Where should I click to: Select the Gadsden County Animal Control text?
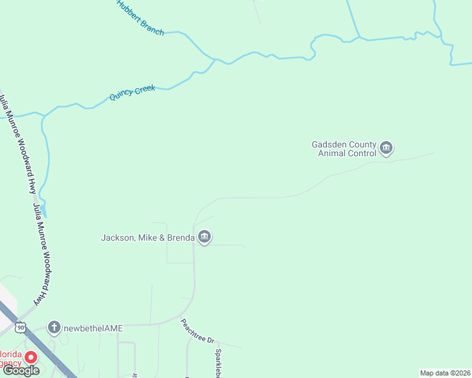coord(344,149)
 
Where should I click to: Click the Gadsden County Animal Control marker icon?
coord(386,149)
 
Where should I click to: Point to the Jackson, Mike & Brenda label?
coord(148,238)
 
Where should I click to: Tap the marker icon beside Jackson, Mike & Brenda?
coord(204,237)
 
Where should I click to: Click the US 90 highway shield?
coord(21,327)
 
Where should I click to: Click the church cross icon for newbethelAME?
coord(55,328)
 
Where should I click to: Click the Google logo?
coord(21,370)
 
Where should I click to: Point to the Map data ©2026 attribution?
coord(445,373)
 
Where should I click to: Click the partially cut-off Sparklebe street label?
coord(218,364)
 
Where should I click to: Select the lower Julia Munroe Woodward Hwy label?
coord(40,254)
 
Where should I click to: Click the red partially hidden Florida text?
coord(11,354)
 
